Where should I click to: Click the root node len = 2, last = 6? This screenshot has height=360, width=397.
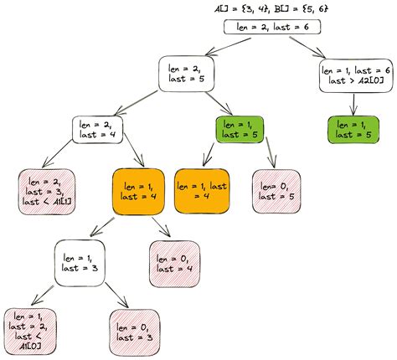coord(272,27)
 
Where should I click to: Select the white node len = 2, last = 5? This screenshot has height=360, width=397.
coord(186,74)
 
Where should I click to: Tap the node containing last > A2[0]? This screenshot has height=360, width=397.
coord(356,75)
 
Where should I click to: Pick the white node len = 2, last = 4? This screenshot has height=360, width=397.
coord(97,130)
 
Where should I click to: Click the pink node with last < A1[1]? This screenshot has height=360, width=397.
coord(47,192)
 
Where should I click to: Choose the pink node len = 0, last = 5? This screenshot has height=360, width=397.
coord(276,191)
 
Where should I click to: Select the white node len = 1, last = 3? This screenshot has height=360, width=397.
coord(80,263)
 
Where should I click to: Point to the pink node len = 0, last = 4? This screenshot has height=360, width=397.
coord(175,264)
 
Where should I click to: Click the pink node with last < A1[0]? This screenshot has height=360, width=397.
coord(30,332)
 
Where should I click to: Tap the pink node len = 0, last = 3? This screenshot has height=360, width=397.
coord(135,332)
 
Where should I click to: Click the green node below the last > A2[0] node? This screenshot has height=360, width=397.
coord(353,130)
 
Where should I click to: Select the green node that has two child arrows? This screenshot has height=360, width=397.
coord(240,130)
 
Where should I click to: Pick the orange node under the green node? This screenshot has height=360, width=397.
coord(202,191)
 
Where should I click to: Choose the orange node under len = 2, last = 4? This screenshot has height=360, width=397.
coord(138,192)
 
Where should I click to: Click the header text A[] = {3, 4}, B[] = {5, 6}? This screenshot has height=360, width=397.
coord(271,8)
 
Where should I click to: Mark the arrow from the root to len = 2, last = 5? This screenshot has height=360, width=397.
coord(228,46)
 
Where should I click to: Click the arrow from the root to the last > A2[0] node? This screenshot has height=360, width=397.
coord(307,47)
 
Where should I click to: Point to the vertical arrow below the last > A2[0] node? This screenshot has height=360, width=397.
coord(353,105)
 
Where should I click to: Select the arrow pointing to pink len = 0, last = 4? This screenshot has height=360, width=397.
coord(162,227)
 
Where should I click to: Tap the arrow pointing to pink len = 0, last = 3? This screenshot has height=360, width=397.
coord(116,295)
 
